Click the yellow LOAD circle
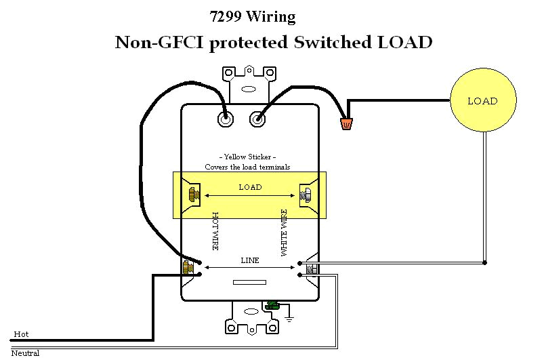click(482, 101)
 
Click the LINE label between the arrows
click(250, 260)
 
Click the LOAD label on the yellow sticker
click(250, 187)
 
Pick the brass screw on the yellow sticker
click(192, 196)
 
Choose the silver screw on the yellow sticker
click(305, 197)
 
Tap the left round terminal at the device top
click(224, 119)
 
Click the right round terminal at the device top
click(257, 119)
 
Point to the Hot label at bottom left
click(20, 334)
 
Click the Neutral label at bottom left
click(25, 353)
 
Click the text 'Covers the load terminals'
click(249, 166)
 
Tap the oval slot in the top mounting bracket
click(248, 88)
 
